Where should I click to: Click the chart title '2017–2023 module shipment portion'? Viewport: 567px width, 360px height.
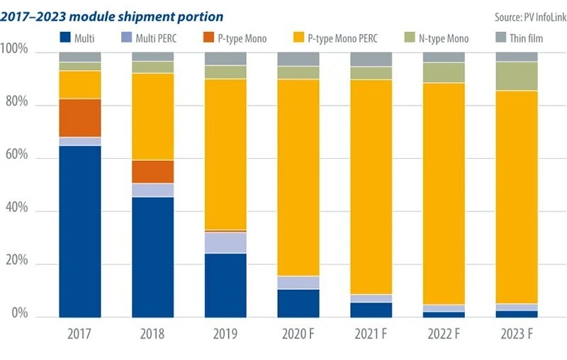pos(112,16)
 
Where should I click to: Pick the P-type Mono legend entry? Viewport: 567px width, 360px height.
pos(235,38)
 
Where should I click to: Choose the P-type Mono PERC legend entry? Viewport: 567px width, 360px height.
pos(334,38)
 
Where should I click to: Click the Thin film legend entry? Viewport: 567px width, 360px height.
pos(518,38)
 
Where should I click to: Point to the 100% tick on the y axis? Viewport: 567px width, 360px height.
pos(15,51)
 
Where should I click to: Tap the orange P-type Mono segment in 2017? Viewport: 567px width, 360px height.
pos(79,118)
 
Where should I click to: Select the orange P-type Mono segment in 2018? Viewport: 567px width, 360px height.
pos(152,171)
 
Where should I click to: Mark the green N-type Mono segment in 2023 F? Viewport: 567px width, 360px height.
pos(516,76)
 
